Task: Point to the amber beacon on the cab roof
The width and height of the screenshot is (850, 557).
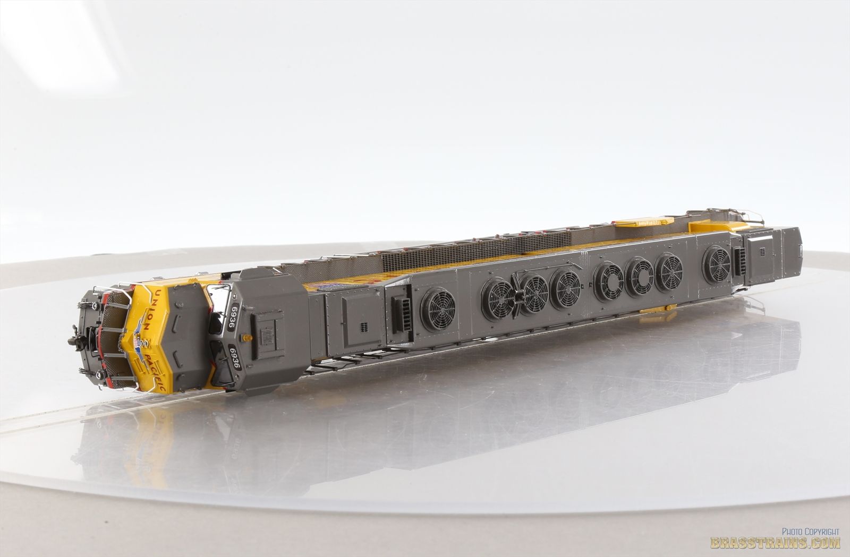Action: point(246,337)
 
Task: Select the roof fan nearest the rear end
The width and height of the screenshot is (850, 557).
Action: point(716,265)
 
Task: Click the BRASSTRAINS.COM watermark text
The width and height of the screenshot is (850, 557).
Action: point(775,543)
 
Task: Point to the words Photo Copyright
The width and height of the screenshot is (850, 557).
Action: point(810,531)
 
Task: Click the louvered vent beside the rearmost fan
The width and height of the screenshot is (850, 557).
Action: point(739,262)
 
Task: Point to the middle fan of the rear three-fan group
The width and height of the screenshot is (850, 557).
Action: point(639,276)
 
